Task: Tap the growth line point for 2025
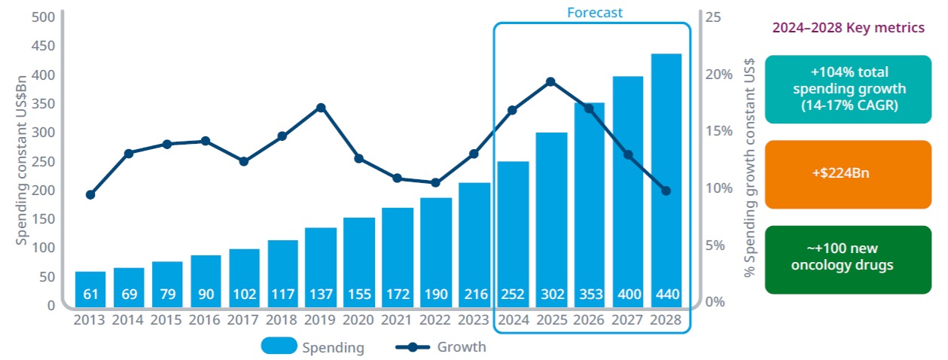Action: click(550, 81)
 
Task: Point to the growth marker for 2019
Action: click(321, 108)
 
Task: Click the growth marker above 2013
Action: click(90, 194)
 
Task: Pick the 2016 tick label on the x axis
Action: click(206, 319)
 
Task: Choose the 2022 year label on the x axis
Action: click(436, 319)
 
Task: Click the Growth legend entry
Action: click(440, 346)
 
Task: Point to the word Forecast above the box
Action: click(595, 12)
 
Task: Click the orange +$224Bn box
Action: click(848, 174)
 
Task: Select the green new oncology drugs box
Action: click(848, 259)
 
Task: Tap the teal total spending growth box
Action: click(848, 89)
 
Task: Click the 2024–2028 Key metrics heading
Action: click(849, 28)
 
